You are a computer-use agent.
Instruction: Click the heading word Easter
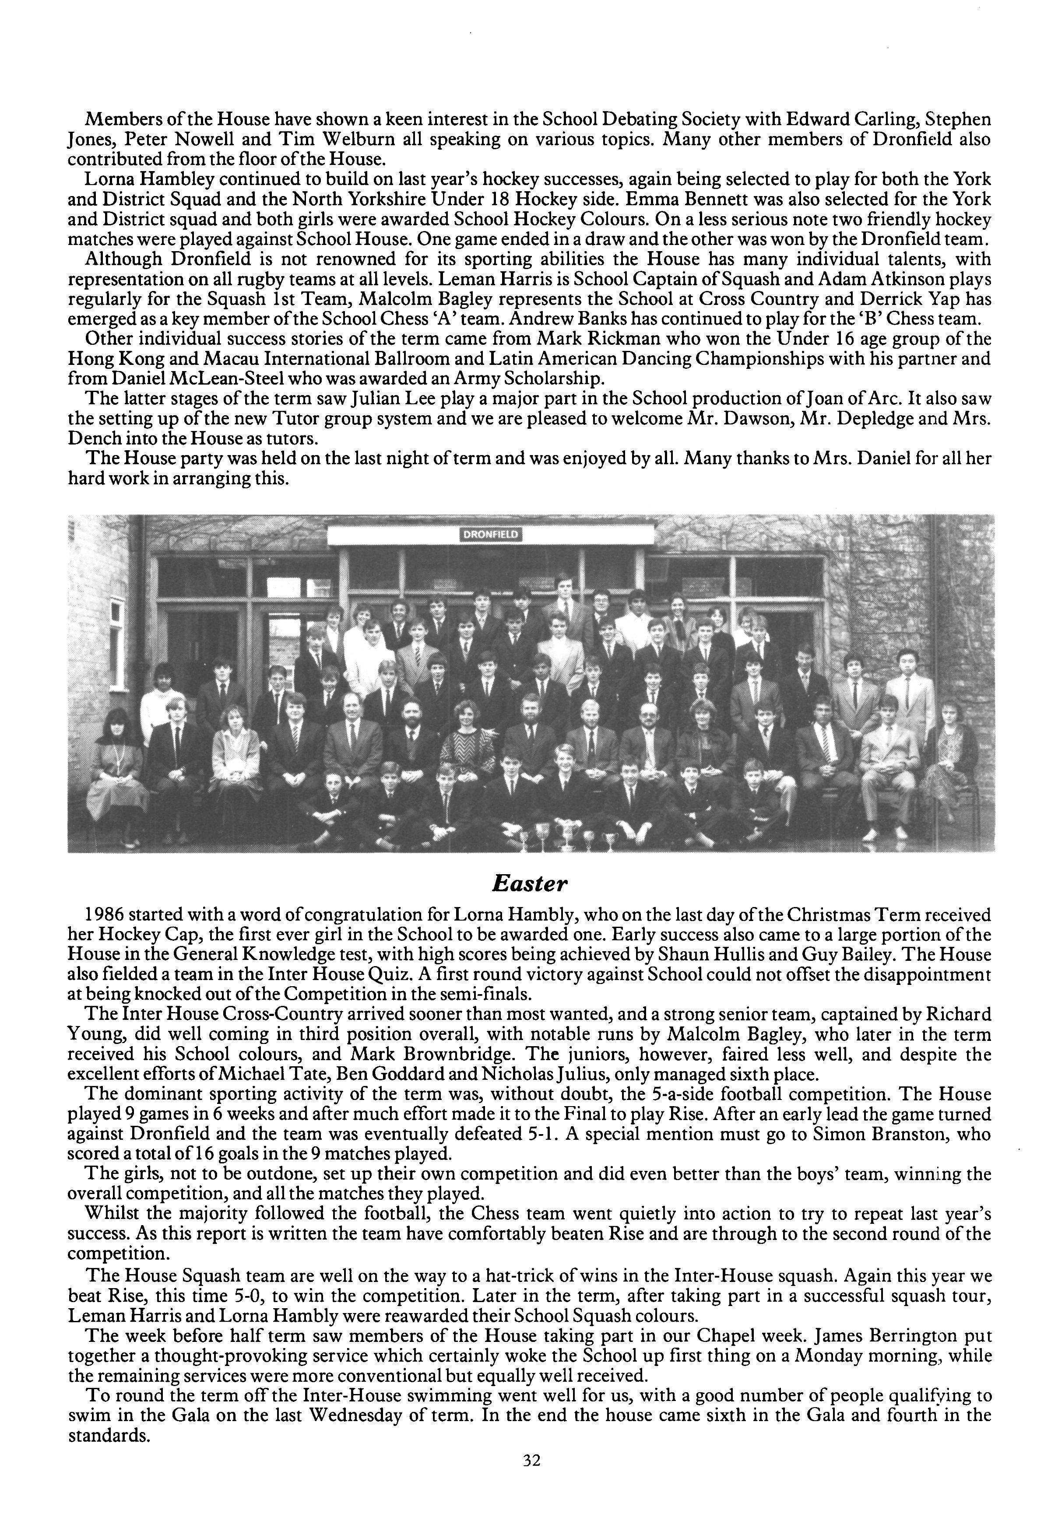click(529, 884)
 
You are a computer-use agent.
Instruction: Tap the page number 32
click(531, 1479)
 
